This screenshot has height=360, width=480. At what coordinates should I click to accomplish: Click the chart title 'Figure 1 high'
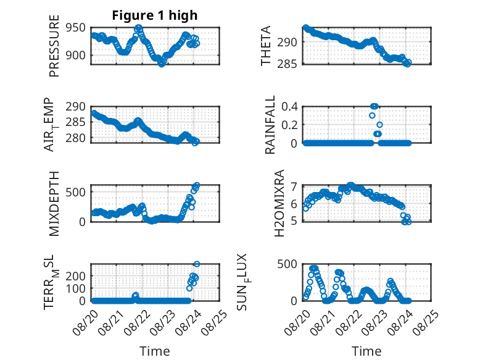[155, 15]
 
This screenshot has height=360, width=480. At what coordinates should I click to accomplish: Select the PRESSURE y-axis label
[54, 46]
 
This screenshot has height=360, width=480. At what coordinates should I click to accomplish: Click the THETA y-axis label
[266, 46]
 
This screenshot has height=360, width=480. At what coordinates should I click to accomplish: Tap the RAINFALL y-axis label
[270, 125]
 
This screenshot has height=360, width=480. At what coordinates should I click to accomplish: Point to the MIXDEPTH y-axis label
[54, 204]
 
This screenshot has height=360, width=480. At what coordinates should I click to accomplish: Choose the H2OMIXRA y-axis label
[279, 203]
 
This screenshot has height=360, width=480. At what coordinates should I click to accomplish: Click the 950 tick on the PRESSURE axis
[76, 28]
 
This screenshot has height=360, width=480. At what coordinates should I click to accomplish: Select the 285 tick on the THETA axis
[287, 64]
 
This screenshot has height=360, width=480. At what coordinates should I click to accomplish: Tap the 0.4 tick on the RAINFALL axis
[289, 107]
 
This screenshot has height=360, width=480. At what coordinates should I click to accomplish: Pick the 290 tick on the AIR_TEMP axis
[76, 107]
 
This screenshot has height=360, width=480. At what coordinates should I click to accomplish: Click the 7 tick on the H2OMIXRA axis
[294, 186]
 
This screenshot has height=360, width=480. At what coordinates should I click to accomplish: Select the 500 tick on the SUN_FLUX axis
[287, 264]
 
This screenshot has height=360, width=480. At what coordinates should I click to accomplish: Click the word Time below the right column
[366, 351]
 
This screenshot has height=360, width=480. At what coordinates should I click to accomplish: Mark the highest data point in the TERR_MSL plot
[197, 264]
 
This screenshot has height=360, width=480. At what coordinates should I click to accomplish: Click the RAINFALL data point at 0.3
[372, 115]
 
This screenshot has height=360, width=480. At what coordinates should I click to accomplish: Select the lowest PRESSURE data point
[161, 64]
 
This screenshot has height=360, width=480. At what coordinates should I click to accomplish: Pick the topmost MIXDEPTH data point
[197, 185]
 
